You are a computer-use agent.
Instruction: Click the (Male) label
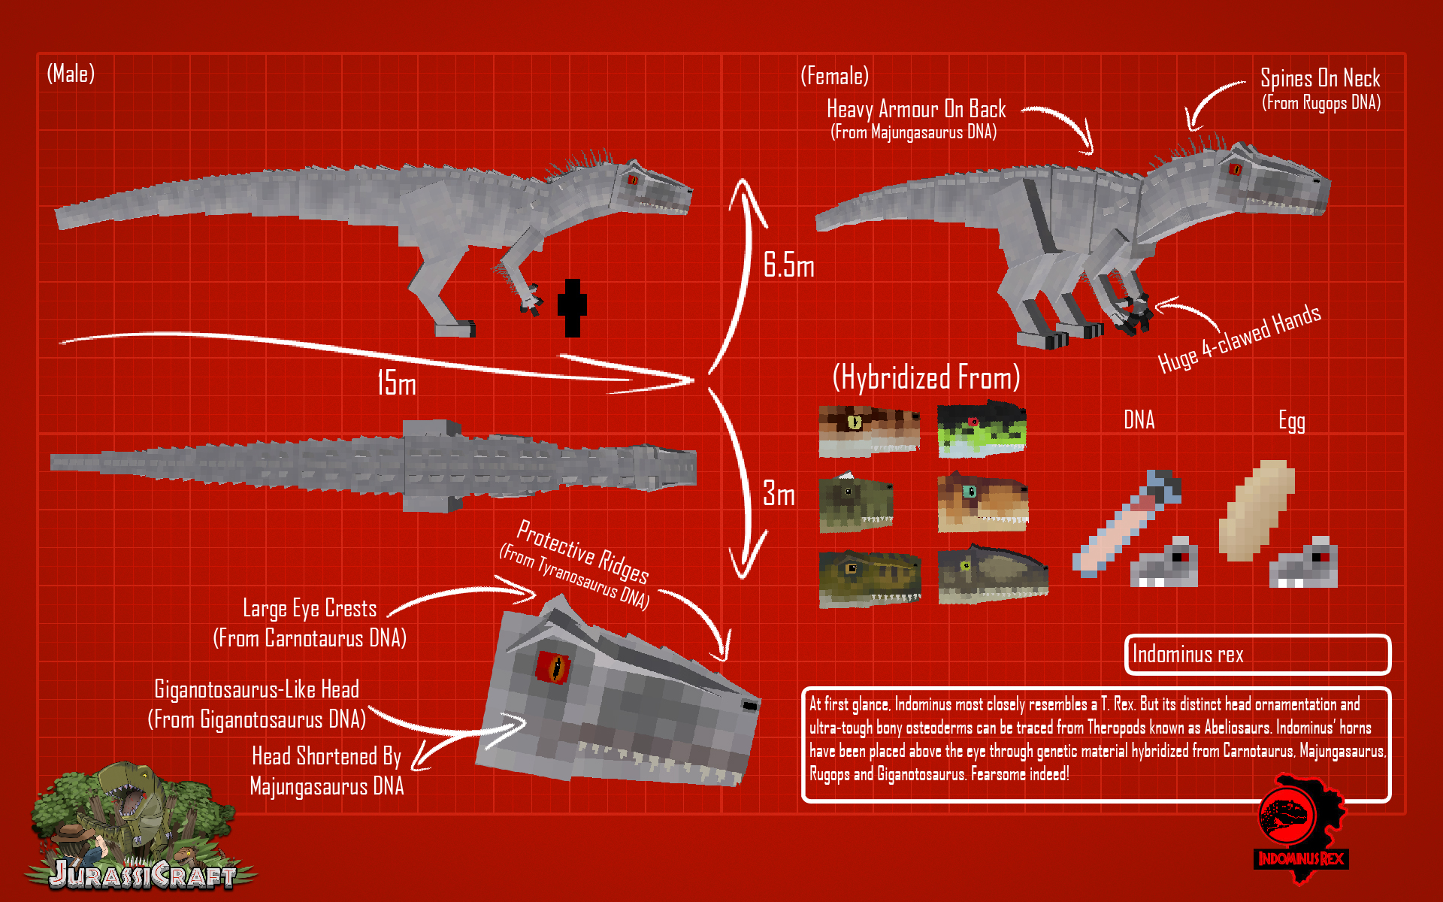click(x=71, y=74)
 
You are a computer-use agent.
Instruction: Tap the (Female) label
click(x=834, y=76)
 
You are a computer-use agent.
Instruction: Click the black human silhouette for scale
click(x=572, y=308)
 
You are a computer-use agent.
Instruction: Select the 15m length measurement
click(x=396, y=383)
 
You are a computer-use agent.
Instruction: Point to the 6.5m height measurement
click(x=788, y=265)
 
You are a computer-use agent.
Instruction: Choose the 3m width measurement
click(x=779, y=494)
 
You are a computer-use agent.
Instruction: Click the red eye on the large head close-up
click(x=553, y=667)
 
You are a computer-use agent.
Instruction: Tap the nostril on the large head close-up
click(x=749, y=706)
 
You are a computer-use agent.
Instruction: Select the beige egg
click(x=1257, y=511)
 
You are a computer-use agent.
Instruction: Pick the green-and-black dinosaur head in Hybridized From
click(x=982, y=429)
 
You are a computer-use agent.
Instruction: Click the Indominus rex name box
click(x=1257, y=655)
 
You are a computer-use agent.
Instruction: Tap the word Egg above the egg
click(x=1292, y=421)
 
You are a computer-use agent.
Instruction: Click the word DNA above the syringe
click(x=1139, y=419)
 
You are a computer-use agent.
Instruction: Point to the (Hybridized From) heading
click(x=926, y=377)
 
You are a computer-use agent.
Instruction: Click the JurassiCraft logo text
click(x=143, y=874)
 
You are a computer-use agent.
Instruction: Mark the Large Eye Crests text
click(x=310, y=608)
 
